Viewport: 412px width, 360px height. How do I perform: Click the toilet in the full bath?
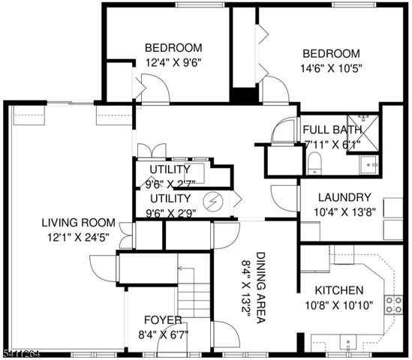pos(315,163)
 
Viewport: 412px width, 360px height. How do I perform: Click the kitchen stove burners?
pos(392,304)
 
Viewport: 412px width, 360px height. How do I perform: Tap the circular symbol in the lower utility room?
pos(215,201)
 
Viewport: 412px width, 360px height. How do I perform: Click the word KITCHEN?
pos(338,290)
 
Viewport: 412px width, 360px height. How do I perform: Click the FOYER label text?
pos(162,319)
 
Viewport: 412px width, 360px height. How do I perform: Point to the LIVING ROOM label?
pos(78,223)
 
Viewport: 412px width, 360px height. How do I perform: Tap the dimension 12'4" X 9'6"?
pos(173,63)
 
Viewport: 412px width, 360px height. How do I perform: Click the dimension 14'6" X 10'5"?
pos(331,68)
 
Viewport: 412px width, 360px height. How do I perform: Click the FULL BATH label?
pos(332,127)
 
